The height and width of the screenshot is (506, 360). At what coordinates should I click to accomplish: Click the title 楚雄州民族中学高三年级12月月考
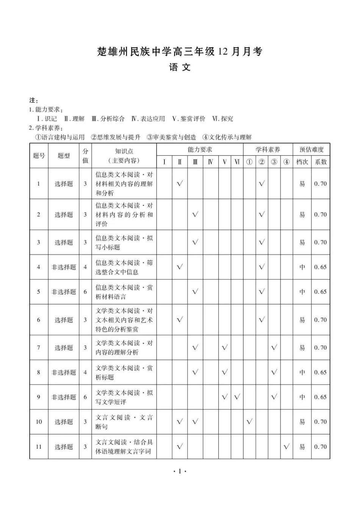pos(180,52)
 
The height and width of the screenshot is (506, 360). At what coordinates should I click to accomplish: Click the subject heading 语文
pos(180,68)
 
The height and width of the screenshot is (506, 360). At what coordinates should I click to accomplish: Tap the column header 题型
pos(64,156)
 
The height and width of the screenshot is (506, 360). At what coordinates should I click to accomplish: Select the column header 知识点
pos(124,151)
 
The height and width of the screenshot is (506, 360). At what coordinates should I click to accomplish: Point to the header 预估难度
pos(311,150)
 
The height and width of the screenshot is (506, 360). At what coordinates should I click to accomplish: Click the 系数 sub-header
pos(321,162)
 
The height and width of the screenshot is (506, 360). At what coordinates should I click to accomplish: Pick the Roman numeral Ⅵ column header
pos(237,162)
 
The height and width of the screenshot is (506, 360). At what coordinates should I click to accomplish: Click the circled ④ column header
pos(286,162)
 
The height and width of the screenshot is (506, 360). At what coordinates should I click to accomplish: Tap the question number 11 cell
pos(39,446)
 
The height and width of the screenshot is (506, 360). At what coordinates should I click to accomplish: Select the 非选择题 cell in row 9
pos(64,397)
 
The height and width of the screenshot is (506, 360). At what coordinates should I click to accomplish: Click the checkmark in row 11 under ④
pos(286,446)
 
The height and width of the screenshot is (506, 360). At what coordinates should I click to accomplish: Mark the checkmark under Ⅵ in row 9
pos(237,397)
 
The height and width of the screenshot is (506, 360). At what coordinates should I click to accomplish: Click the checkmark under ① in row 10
pos(249,421)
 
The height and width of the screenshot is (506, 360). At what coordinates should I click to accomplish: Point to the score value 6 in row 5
pos(85,292)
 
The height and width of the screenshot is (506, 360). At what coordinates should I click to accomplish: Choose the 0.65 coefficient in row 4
pos(321,267)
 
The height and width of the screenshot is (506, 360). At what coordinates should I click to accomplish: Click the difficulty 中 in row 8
pos(302,373)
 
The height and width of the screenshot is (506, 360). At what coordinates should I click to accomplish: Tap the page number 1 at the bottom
pos(180,472)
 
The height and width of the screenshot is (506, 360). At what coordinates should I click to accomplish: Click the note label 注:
pos(33,100)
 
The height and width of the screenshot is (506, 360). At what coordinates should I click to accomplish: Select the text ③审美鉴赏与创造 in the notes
pos(172,137)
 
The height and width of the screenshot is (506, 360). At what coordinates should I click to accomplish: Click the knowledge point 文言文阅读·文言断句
pos(124,422)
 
